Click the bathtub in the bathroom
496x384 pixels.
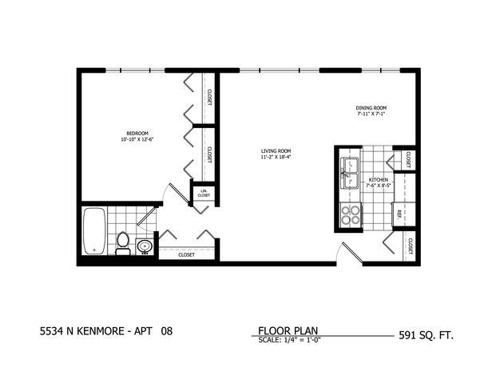tap(95, 231)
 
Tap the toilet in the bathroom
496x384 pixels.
tap(123, 241)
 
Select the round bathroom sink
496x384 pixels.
tap(145, 245)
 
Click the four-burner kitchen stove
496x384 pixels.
tap(350, 214)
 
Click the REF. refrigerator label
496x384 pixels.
tap(399, 214)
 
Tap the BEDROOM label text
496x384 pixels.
tap(137, 133)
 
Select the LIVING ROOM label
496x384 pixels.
tap(276, 150)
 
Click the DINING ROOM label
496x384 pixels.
tap(371, 108)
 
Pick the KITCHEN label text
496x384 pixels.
tap(378, 180)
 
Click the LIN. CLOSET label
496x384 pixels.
tap(204, 192)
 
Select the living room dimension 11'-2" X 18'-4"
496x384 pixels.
tap(276, 157)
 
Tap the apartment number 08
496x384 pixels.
tap(166, 330)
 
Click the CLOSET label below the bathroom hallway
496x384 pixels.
tap(186, 254)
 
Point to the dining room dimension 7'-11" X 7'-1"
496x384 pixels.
tap(371, 114)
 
